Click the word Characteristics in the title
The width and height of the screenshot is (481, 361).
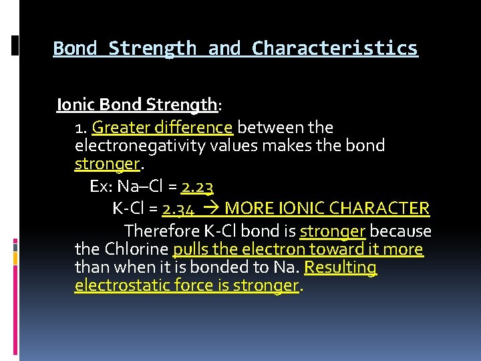tap(335, 49)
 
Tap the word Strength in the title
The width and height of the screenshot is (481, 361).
tap(152, 49)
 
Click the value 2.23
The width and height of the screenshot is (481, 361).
tap(197, 187)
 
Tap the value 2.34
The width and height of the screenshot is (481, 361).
tap(178, 209)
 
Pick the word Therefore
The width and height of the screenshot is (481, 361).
tap(157, 231)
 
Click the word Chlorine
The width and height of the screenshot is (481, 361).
tap(136, 249)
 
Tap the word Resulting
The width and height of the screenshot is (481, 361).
tap(341, 267)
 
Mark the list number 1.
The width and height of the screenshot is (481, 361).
tap(81, 127)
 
